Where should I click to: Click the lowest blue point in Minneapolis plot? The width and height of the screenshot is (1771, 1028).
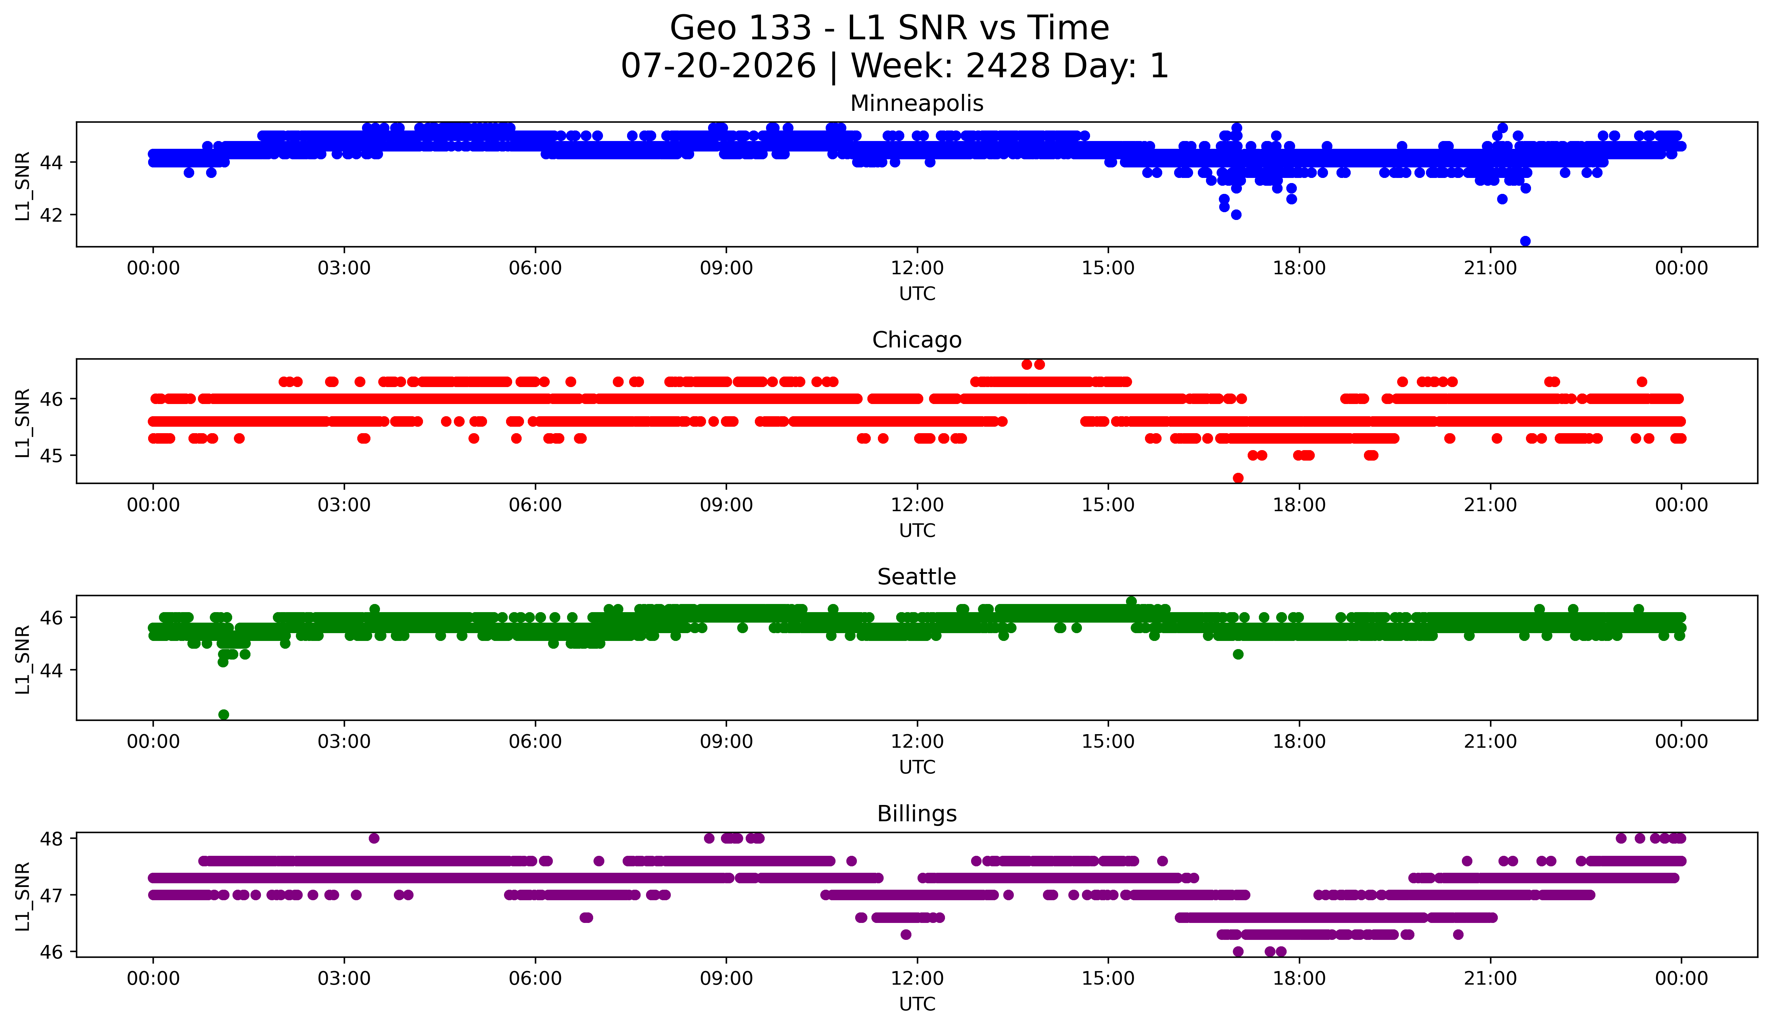tap(1525, 241)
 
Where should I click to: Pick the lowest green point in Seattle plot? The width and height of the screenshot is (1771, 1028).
tap(223, 714)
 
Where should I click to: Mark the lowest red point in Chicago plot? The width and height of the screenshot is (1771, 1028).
tap(1238, 478)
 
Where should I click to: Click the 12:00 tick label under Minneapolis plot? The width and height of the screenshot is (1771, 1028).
tap(917, 268)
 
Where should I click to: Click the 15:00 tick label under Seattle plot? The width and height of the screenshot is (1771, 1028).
tap(1108, 742)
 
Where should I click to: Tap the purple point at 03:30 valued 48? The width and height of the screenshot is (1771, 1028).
tap(374, 838)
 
